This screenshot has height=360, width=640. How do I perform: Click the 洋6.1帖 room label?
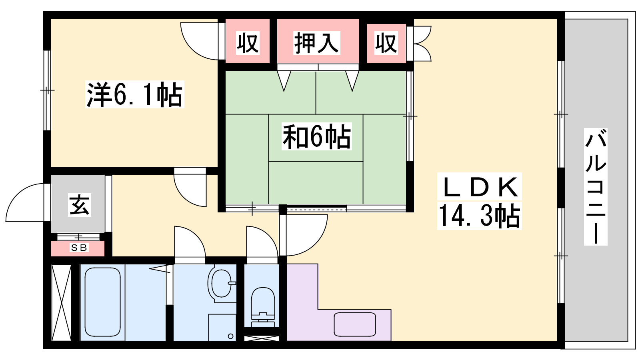[134, 94]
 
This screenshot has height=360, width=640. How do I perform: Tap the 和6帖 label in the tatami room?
[316, 136]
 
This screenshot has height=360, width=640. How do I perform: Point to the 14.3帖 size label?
[479, 216]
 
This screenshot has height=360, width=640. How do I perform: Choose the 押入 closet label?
[316, 43]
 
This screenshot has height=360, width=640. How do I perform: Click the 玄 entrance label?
[80, 205]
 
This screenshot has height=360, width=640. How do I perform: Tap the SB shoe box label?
[79, 248]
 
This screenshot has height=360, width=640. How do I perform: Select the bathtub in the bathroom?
[102, 302]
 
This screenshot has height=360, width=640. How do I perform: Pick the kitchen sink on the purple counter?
[354, 324]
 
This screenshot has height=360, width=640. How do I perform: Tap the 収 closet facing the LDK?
[386, 43]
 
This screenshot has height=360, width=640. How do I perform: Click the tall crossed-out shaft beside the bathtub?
[61, 303]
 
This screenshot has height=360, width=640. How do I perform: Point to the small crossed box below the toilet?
[262, 338]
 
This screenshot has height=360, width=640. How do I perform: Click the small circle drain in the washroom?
[230, 336]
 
